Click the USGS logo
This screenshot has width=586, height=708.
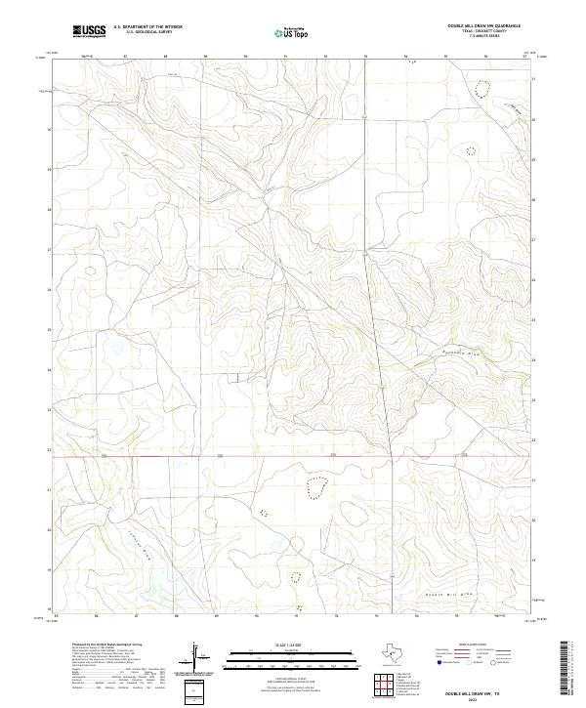pyautogui.click(x=89, y=31)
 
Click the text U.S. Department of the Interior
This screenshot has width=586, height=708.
pyautogui.click(x=147, y=26)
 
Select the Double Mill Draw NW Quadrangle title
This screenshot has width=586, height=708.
pyautogui.click(x=483, y=26)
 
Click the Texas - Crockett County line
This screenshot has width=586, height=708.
pyautogui.click(x=483, y=32)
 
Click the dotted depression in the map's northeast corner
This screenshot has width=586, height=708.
pyautogui.click(x=481, y=89)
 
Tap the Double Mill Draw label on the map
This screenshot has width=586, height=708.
pyautogui.click(x=449, y=593)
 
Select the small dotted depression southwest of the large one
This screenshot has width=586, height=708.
pyautogui.click(x=263, y=512)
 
